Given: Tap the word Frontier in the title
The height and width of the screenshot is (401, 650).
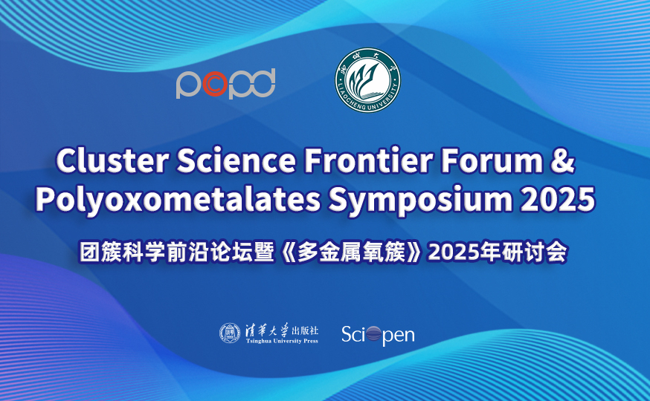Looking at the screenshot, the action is click(x=369, y=160).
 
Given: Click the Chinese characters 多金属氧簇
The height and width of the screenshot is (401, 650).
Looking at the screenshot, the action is click(x=351, y=252).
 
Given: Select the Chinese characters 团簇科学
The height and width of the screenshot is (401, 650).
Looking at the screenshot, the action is click(x=122, y=252).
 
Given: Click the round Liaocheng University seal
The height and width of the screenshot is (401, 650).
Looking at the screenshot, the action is click(x=367, y=80).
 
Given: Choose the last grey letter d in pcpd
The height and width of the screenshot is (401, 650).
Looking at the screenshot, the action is click(x=262, y=82).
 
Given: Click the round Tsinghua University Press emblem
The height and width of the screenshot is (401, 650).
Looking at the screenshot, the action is click(x=230, y=333).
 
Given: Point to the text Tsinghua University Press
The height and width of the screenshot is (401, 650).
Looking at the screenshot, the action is click(x=282, y=342).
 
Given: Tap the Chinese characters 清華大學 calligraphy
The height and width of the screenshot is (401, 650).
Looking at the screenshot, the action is click(x=268, y=330).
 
